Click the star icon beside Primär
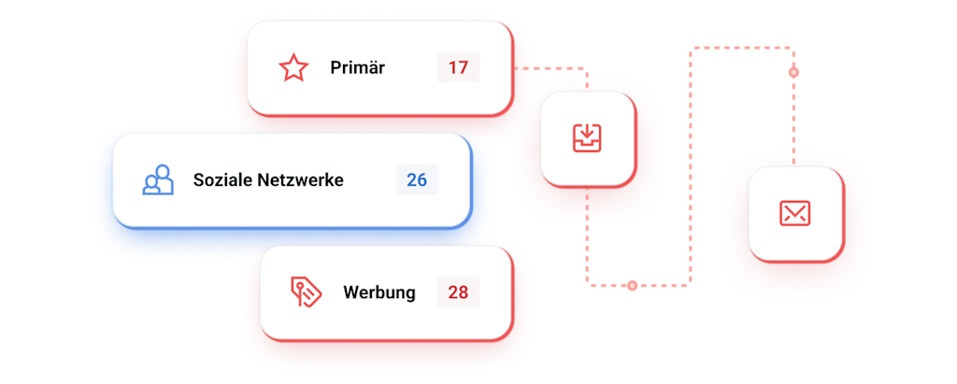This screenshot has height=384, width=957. coord(293,68)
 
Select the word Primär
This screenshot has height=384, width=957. coord(357,68)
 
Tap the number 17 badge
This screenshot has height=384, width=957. coord(458,68)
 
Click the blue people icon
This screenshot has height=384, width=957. coord(158,179)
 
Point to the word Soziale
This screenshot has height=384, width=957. coord(223,179)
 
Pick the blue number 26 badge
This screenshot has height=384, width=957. coord(417,179)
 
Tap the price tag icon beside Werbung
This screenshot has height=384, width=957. coord(305,292)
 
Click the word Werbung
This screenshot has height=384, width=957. coord(379,292)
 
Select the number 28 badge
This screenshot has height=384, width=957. coord(458,292)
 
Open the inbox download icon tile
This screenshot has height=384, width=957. coord(588,138)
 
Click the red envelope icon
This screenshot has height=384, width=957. coord(794,214)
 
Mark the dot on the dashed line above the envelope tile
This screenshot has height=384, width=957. coord(793,72)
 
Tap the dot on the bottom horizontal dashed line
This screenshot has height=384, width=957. coord(633,284)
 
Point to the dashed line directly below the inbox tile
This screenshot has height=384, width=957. coord(587,234)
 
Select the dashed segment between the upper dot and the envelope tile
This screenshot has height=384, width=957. coord(793,121)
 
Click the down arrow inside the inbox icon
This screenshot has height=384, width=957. coord(588,134)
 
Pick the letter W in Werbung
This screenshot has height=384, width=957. coord(351,292)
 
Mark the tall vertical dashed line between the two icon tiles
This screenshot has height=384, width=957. coord(691,168)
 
